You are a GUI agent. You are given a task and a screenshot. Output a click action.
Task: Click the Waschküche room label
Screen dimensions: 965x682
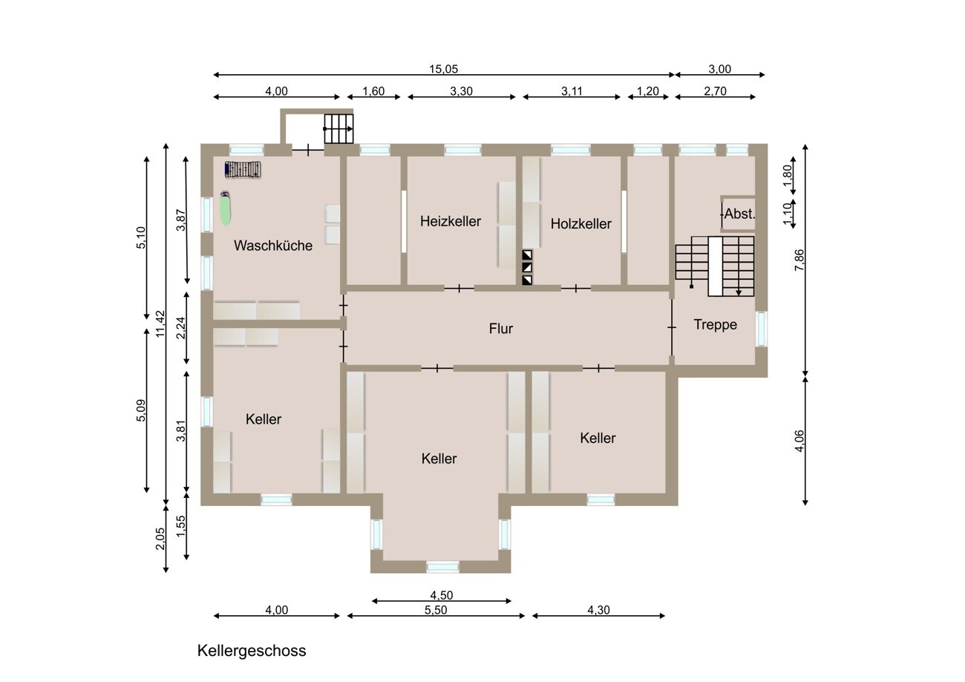coord(273,246)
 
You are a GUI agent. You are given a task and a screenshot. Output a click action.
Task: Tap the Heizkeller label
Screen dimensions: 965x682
coord(451,221)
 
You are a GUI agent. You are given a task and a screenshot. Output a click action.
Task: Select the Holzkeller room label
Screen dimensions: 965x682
coord(581,224)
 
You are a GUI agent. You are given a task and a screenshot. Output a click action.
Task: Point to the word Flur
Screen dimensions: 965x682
coord(501,329)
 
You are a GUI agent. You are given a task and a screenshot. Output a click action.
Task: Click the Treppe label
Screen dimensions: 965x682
coord(715,324)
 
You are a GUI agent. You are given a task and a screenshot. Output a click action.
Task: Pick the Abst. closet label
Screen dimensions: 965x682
coord(739,214)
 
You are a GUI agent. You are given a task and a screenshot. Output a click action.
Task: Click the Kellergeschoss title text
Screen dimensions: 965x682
coord(252,651)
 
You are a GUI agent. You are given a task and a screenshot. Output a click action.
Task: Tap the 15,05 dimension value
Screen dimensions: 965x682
coord(443,69)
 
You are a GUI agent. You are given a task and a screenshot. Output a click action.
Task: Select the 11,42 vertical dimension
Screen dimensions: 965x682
coord(160,324)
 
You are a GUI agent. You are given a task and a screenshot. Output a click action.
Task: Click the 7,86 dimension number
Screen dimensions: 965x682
coord(799,260)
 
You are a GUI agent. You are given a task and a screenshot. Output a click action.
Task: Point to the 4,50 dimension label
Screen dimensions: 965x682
coord(442,595)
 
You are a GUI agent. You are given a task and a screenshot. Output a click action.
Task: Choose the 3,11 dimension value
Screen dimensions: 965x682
coord(572,91)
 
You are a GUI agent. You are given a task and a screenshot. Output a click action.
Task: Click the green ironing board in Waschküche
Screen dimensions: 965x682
coord(225,209)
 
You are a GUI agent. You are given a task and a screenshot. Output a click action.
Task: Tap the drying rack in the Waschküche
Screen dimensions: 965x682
coord(243,170)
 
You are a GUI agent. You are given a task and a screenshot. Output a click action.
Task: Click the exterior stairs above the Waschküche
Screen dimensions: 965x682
coord(338,128)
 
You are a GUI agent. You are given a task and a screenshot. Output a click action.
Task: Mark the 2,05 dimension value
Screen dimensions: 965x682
coord(160,539)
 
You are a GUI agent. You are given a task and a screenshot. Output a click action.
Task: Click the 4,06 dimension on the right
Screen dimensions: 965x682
coord(799,441)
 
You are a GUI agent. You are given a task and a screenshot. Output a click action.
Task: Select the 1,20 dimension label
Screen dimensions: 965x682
coord(648,91)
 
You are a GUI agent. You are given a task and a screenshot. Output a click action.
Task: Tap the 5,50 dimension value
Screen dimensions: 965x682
coord(436,610)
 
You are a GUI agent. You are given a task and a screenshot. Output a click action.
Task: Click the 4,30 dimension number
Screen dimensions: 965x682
coord(599,610)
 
